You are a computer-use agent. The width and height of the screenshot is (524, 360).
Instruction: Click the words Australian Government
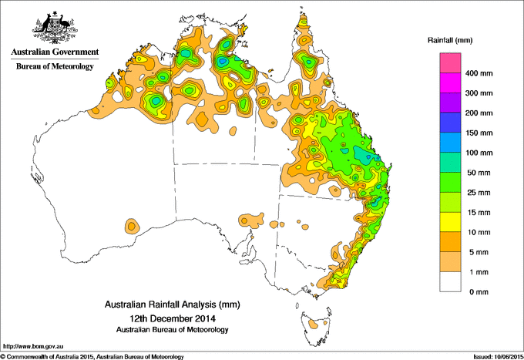tap(54, 52)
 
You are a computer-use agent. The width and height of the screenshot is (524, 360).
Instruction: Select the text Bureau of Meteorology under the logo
tap(54, 66)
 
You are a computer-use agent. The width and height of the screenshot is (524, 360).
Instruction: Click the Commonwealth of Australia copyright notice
tap(92, 355)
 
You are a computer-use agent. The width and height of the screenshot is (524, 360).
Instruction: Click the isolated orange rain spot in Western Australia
tap(132, 226)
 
